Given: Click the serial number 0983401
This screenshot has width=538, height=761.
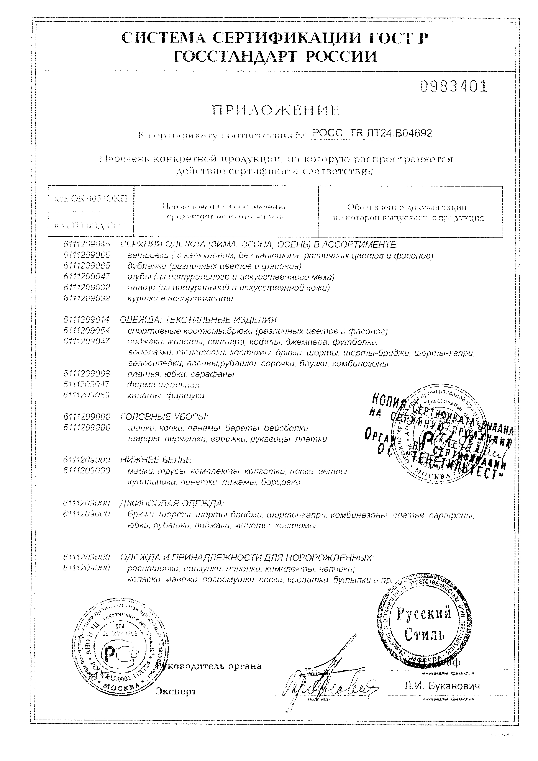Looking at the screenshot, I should point(454,87).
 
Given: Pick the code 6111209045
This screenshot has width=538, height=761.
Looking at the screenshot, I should point(87,245).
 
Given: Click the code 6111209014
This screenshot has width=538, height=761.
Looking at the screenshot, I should point(87,320).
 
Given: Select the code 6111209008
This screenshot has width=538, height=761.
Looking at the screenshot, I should point(87,374).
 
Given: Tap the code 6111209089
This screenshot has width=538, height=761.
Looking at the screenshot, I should point(87,395).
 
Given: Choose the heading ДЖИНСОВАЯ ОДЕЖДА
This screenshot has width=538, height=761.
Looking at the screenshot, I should point(172,504).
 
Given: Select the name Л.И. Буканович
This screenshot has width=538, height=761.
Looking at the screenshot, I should point(442,686).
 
